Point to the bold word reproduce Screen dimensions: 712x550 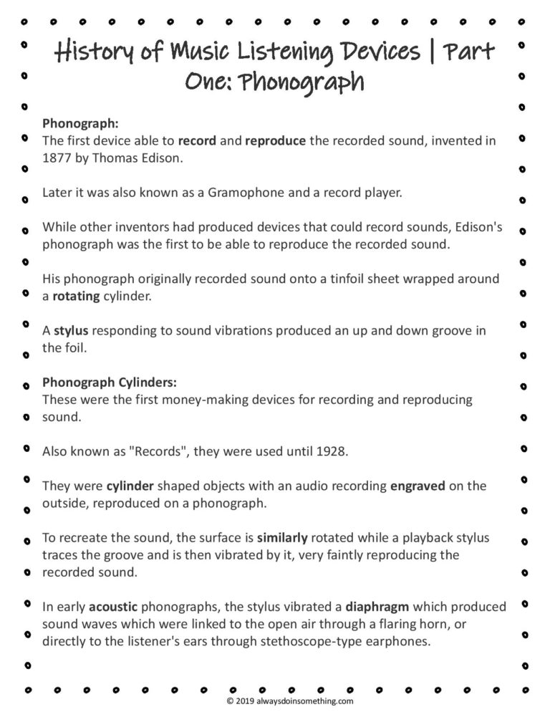coord(276,140)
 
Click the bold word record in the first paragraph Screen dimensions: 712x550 coord(197,140)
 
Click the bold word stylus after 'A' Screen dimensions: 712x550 coord(72,330)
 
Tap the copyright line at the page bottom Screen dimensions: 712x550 coord(289,702)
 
